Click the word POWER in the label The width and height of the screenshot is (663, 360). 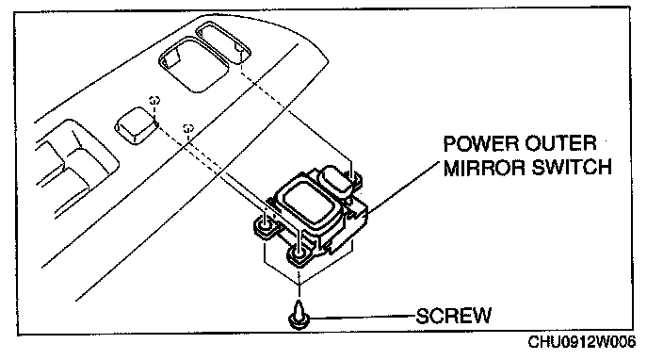click(481, 144)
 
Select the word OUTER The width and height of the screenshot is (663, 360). click(560, 144)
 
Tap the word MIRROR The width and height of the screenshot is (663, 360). click(484, 168)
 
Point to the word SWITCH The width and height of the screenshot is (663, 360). click(572, 168)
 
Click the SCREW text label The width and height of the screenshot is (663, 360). click(454, 316)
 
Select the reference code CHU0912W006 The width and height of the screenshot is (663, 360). click(581, 342)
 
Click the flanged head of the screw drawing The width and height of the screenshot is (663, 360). click(299, 320)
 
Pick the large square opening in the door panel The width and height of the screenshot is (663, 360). click(194, 64)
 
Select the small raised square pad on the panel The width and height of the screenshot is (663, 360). click(137, 125)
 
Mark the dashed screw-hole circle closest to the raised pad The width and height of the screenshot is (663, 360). click(154, 100)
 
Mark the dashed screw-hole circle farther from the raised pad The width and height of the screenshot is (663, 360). click(187, 128)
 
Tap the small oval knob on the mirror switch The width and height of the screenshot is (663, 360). click(336, 180)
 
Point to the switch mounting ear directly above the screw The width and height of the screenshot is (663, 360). click(299, 256)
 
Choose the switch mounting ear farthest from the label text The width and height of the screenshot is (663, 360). click(267, 227)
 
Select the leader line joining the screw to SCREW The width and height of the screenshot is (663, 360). click(363, 317)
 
